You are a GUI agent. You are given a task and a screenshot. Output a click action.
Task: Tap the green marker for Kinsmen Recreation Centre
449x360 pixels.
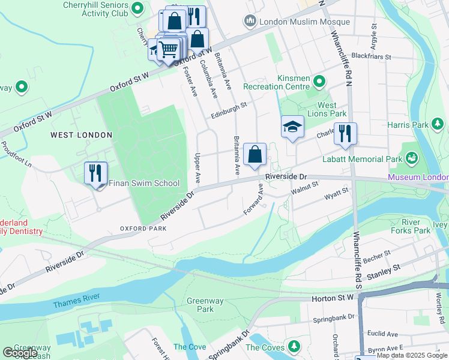[x=319, y=81]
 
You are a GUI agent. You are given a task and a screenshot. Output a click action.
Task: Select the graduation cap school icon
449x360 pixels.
[x=292, y=127]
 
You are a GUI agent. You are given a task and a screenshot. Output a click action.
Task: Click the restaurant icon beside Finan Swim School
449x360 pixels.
[x=95, y=173]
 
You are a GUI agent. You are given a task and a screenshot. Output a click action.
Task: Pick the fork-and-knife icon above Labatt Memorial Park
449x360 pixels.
[x=345, y=134]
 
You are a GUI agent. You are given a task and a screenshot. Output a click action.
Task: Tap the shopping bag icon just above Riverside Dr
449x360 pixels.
[x=255, y=154]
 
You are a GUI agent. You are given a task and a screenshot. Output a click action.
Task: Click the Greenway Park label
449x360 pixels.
[x=200, y=305]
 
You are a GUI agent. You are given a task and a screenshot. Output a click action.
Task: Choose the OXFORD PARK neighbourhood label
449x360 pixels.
[x=143, y=229]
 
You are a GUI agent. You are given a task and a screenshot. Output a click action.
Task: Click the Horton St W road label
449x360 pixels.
[x=333, y=298]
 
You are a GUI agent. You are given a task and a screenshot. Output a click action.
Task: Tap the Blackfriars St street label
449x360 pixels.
[x=371, y=57]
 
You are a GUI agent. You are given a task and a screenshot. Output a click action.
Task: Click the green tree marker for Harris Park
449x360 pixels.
[x=439, y=125]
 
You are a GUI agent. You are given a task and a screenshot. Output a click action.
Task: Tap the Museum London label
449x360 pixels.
[x=418, y=178]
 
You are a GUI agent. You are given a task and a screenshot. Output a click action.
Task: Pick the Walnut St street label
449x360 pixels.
[x=303, y=191]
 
